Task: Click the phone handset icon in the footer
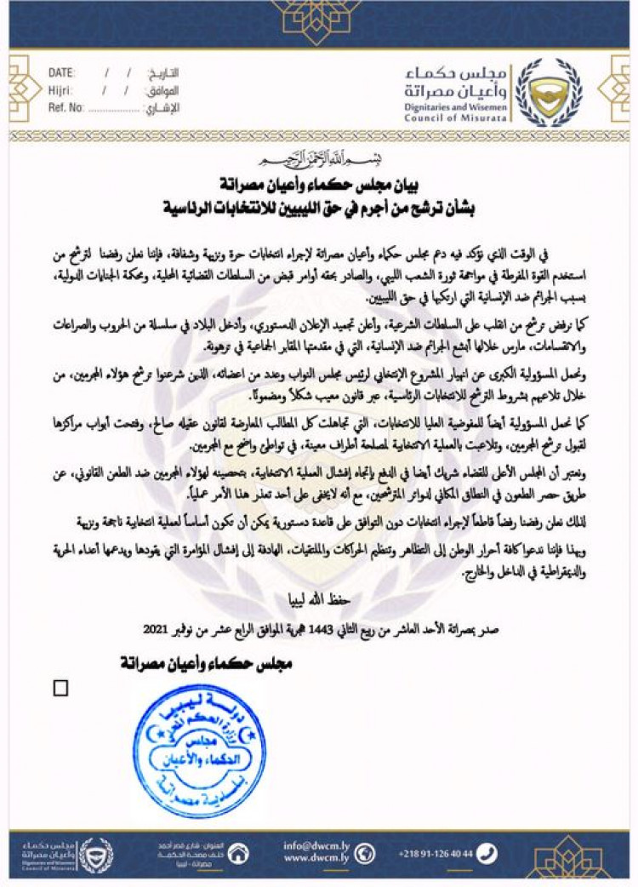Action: tap(487, 853)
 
